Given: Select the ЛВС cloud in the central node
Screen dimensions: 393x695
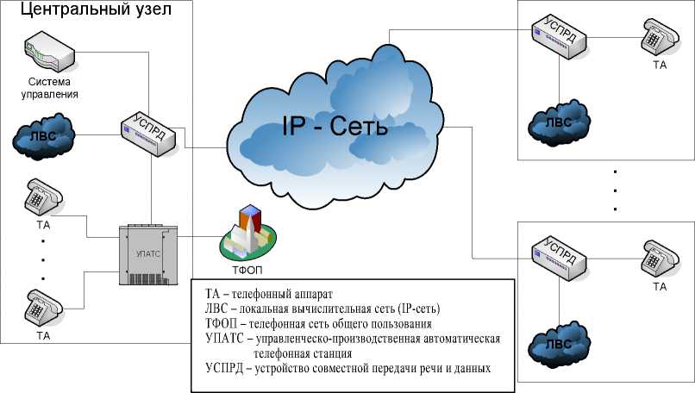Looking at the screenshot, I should pos(43,136).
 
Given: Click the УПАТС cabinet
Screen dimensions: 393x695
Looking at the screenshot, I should pos(147,255).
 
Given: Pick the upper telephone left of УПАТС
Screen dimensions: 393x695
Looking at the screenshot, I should pos(40,197).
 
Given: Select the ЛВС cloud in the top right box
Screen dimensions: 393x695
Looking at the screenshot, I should pos(557,121).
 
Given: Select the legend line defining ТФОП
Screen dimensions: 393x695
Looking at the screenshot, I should pos(318,323).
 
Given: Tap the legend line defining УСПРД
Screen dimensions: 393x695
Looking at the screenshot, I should pos(348,368).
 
